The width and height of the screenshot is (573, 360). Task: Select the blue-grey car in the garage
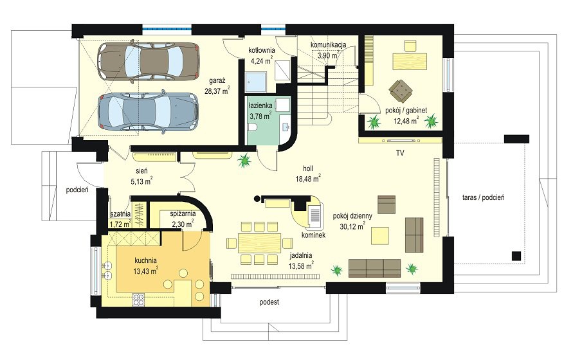coord(148,111)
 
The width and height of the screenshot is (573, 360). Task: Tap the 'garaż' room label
coord(217,81)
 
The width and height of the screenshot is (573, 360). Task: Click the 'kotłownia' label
coord(262,50)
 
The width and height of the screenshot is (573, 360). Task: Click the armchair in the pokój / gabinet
coord(401,89)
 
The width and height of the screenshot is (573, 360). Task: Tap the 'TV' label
coord(400,153)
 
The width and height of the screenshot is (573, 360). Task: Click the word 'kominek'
coord(314,235)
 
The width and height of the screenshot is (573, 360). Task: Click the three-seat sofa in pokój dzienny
coord(374,268)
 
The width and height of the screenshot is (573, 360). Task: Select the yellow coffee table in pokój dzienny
coord(380,236)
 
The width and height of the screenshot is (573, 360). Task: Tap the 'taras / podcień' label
coord(483,197)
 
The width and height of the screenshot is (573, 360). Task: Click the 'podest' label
coord(269,302)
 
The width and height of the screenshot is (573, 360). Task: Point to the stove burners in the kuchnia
coord(138,300)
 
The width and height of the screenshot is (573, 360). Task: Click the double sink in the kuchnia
coord(107,270)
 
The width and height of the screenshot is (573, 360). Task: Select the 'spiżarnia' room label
coord(183,214)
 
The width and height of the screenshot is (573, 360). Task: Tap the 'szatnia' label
coord(120,215)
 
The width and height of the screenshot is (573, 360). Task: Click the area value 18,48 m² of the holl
coord(309,178)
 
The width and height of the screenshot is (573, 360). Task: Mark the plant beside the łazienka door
coord(244,160)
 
